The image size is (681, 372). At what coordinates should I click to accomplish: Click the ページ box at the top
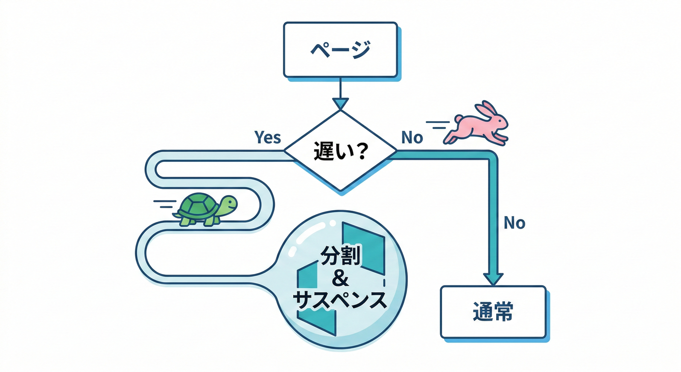pos(340,50)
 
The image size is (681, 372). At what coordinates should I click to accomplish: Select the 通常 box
pos(493,312)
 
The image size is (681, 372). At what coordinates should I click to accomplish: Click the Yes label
pos(267,138)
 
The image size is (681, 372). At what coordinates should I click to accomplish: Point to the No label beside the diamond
pos(412,138)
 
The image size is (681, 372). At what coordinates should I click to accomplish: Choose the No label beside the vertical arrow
pos(514,223)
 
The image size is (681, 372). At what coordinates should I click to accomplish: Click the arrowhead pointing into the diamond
pos(340,103)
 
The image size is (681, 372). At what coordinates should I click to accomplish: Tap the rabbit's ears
pos(486,109)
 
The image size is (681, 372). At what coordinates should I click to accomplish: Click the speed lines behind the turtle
pos(163,203)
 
